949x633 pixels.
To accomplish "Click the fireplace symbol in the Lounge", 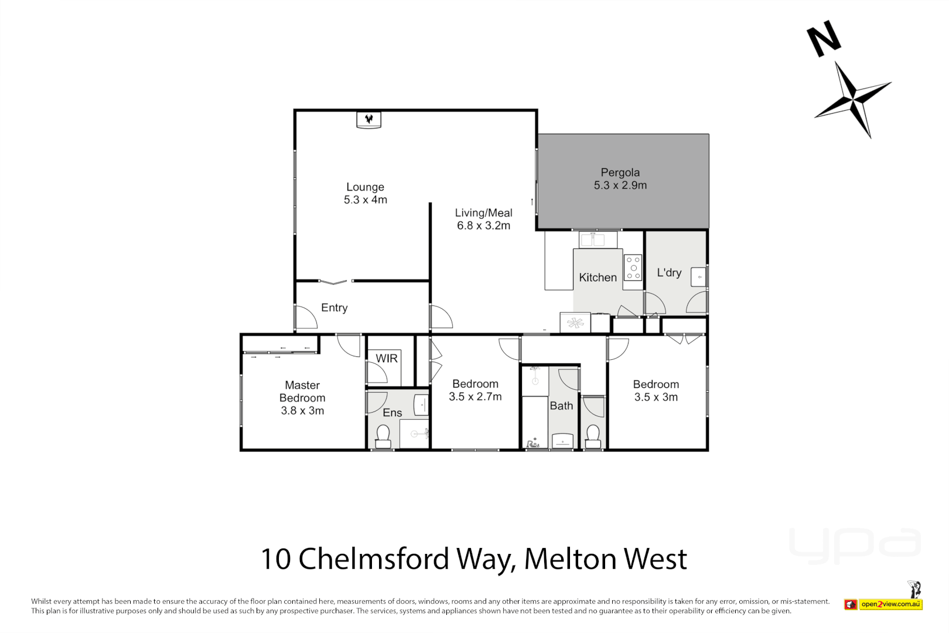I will click(x=368, y=120).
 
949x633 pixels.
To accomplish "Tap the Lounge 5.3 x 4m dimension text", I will click(x=365, y=200).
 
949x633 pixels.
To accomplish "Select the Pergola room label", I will click(x=620, y=172).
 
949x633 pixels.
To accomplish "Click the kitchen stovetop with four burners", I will click(x=633, y=267).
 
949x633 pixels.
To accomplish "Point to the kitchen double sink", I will click(x=592, y=240).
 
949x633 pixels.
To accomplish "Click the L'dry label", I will click(x=669, y=273).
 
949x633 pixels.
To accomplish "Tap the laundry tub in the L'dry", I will click(x=698, y=277).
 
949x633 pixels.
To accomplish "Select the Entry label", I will click(x=334, y=308).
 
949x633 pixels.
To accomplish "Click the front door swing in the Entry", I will click(x=305, y=318).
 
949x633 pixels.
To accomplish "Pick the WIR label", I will click(x=386, y=358).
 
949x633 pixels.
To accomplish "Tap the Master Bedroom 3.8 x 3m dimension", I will click(x=302, y=411).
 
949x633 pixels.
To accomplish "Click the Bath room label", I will click(x=561, y=406).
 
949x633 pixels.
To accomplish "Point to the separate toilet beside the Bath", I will click(x=593, y=434).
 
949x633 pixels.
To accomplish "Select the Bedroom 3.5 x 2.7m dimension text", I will click(x=475, y=397).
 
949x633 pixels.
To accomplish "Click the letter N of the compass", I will click(x=823, y=39).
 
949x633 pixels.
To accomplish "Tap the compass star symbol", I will click(x=853, y=98).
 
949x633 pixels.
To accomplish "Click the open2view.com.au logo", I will click(x=890, y=604).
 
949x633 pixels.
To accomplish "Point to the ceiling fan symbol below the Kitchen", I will click(x=575, y=322).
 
